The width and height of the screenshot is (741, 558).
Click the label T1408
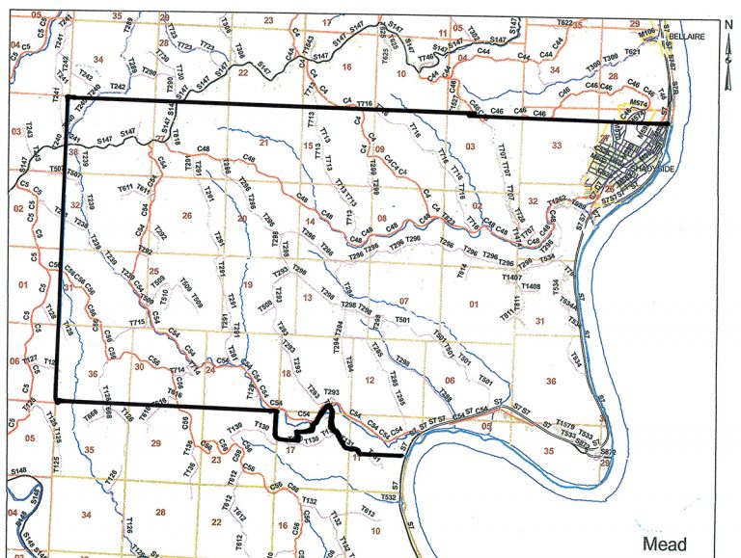click(x=530, y=286)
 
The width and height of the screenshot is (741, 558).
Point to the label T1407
click(x=511, y=276)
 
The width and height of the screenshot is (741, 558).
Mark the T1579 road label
click(x=565, y=426)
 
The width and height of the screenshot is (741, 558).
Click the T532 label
click(x=388, y=497)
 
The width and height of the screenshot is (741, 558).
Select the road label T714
click(x=177, y=370)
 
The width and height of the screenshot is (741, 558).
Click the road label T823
click(x=447, y=220)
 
